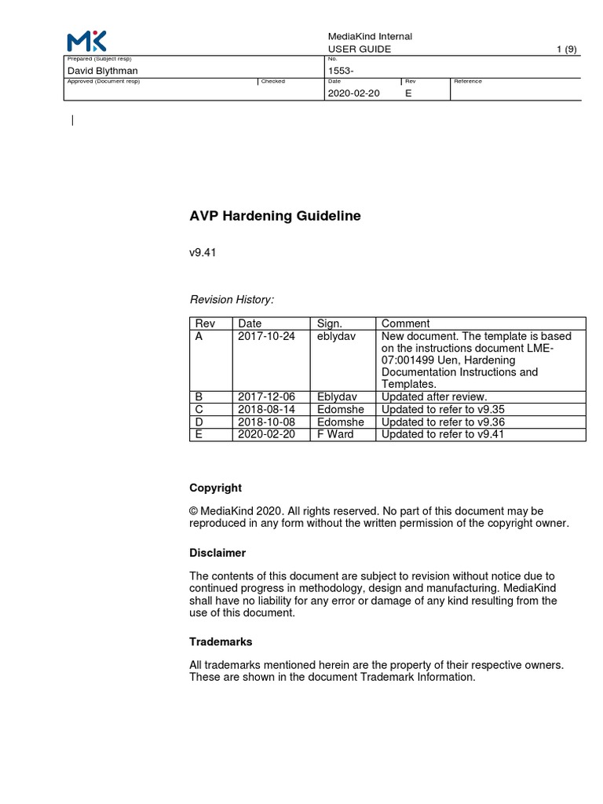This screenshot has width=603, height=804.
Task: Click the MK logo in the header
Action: (86, 42)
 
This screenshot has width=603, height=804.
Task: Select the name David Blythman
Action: (104, 71)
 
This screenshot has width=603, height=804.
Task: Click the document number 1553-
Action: (341, 71)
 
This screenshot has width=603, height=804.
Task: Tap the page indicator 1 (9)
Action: (567, 49)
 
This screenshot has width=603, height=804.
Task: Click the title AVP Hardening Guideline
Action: (275, 216)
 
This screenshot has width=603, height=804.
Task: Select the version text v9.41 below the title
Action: (203, 254)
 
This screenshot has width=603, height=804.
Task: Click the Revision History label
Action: (232, 299)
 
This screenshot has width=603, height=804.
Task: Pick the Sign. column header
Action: (330, 323)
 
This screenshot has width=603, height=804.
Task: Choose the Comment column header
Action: (405, 323)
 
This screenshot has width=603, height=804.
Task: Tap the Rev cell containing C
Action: (199, 409)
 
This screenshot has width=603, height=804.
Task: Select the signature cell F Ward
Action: (335, 434)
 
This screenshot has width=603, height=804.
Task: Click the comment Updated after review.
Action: (434, 397)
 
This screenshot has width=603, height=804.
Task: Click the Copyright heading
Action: (215, 488)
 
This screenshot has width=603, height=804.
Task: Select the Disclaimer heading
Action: (217, 553)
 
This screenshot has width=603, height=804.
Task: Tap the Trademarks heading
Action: (221, 641)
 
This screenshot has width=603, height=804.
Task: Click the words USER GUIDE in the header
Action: (359, 49)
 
